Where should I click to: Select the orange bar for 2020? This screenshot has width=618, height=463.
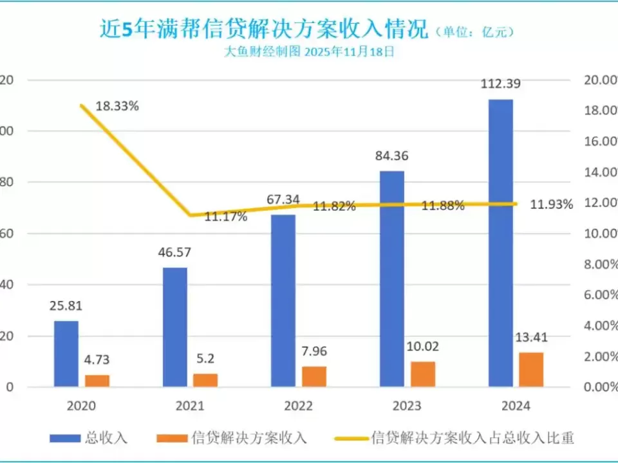(x=97, y=381)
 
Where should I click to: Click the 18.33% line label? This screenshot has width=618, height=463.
(x=117, y=107)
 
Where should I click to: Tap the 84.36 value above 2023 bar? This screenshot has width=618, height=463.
(x=391, y=156)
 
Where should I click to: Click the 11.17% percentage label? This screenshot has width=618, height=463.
(x=226, y=217)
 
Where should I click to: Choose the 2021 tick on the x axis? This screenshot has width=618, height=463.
(x=189, y=406)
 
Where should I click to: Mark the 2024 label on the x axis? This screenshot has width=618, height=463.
(x=515, y=406)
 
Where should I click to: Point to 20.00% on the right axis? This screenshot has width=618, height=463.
(x=599, y=80)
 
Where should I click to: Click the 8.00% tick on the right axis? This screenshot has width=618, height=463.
(x=599, y=264)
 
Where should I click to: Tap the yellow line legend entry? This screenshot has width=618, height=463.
(x=454, y=439)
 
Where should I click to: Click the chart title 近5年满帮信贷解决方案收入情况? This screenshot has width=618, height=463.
(x=263, y=30)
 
